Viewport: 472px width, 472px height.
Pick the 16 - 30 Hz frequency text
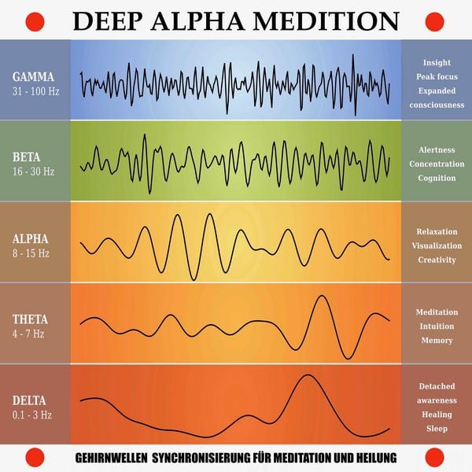click(x=33, y=171)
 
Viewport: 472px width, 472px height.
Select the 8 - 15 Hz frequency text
click(x=31, y=253)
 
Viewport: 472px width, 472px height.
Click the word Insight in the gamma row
click(x=437, y=62)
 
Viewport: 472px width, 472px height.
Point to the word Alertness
click(x=437, y=149)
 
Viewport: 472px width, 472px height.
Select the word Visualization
click(x=437, y=245)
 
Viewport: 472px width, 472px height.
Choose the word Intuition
click(x=437, y=326)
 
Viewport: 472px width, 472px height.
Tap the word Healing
click(x=437, y=415)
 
